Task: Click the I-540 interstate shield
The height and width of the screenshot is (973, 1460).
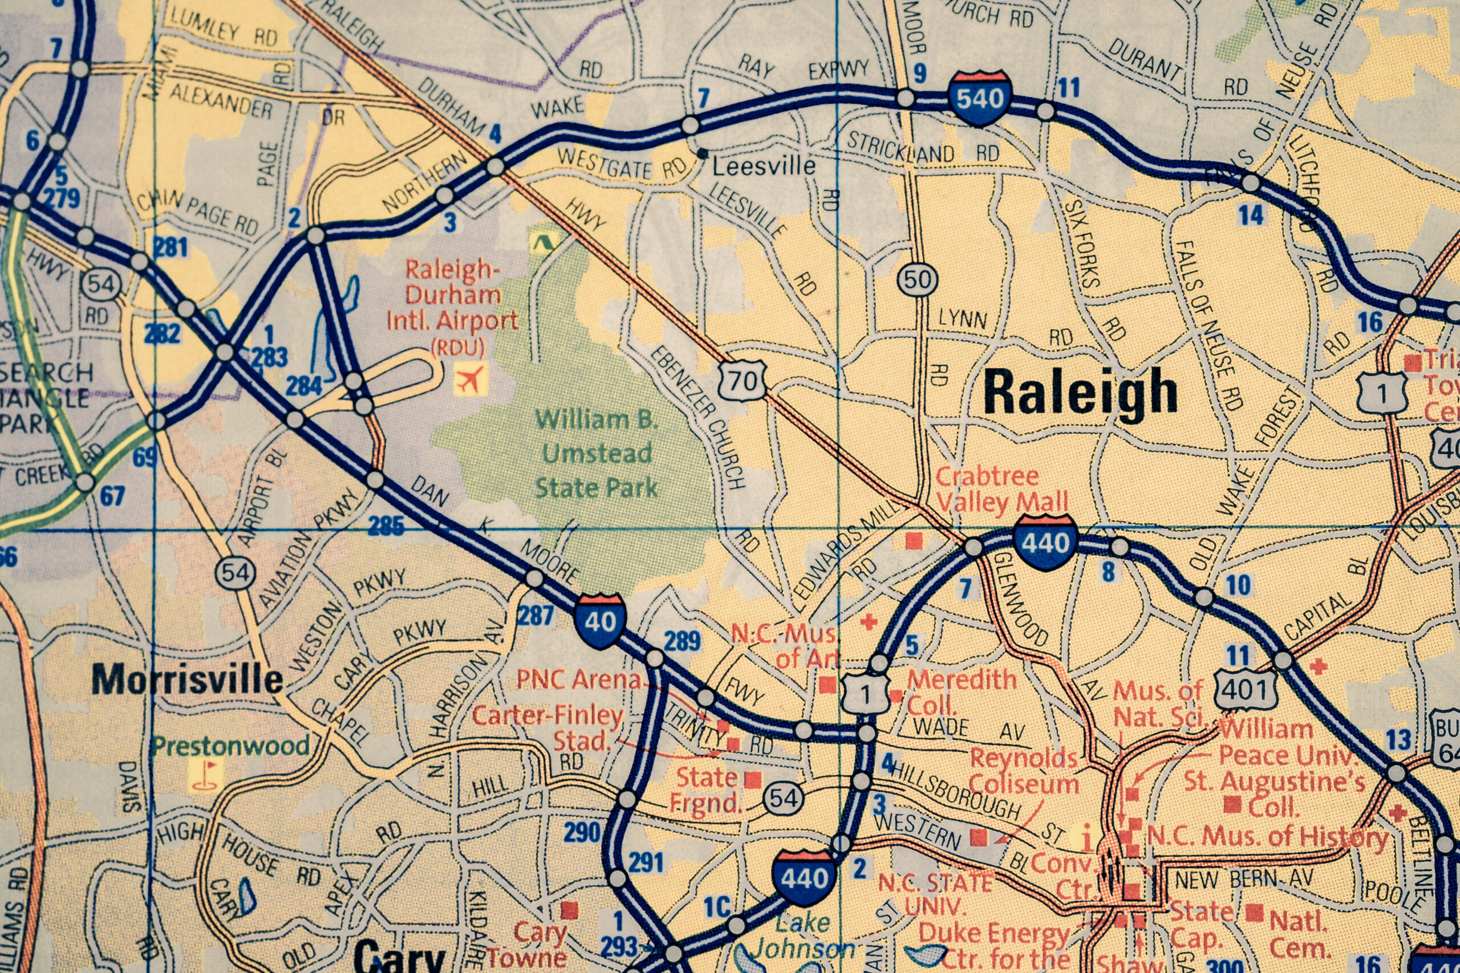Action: pyautogui.click(x=980, y=98)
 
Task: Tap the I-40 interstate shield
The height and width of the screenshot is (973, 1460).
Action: pyautogui.click(x=599, y=620)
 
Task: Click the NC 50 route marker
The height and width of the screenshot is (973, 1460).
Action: pyautogui.click(x=918, y=280)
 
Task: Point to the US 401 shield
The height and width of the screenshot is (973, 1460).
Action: pyautogui.click(x=1245, y=688)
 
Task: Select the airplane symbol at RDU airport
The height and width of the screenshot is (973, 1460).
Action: pyautogui.click(x=470, y=378)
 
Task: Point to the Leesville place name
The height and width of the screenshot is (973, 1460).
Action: pyautogui.click(x=764, y=166)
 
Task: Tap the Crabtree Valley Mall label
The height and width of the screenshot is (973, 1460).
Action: pyautogui.click(x=1001, y=489)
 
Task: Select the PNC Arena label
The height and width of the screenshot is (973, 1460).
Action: pyautogui.click(x=578, y=679)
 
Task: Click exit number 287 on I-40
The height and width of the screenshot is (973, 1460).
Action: pyautogui.click(x=535, y=616)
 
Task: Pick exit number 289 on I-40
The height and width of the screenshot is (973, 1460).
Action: pyautogui.click(x=682, y=641)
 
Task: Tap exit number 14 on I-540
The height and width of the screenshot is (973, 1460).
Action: pyautogui.click(x=1251, y=215)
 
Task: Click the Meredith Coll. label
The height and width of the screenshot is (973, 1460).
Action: pyautogui.click(x=961, y=692)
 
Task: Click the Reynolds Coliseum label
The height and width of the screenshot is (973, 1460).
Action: pyautogui.click(x=1024, y=771)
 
